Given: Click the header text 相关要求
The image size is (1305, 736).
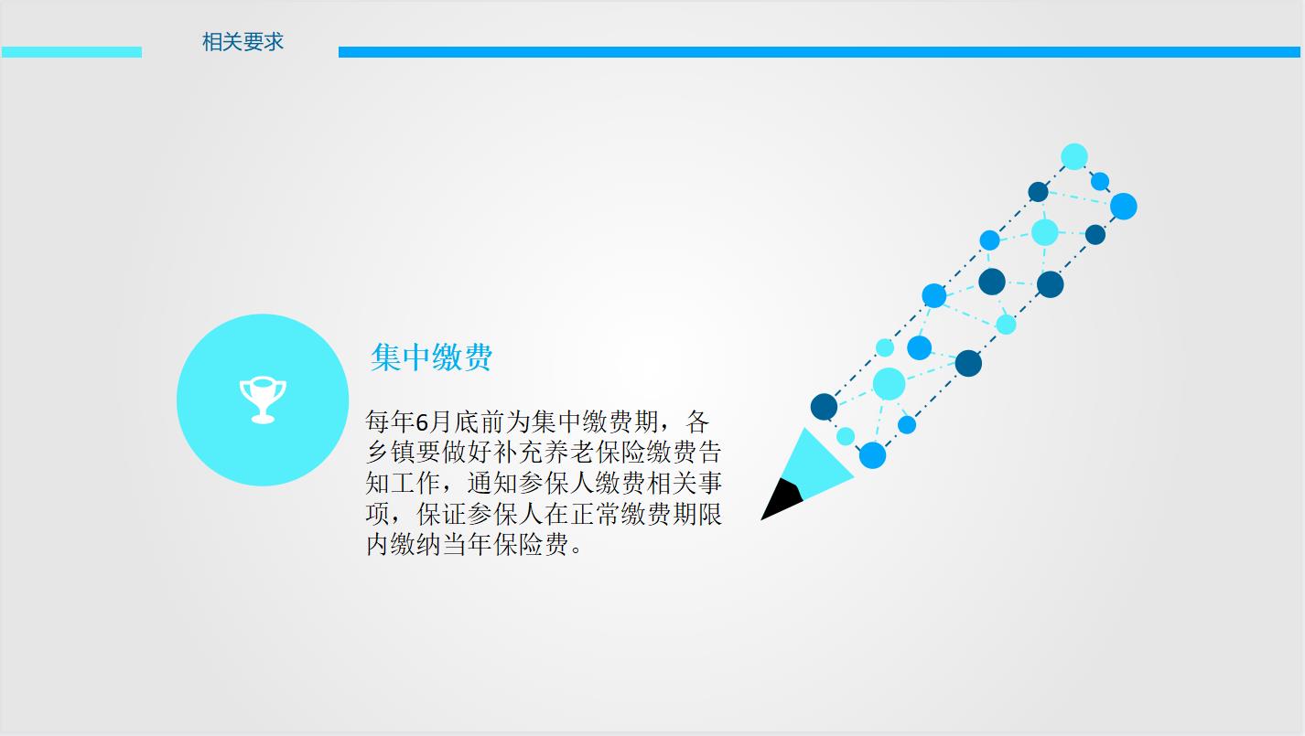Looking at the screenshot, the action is [243, 42].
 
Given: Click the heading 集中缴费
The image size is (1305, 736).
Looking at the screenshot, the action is [432, 357].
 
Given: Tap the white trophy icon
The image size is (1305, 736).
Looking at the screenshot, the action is [263, 400].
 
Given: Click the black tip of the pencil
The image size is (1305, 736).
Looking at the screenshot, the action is [781, 499].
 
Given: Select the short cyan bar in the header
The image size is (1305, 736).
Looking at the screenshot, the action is [71, 52].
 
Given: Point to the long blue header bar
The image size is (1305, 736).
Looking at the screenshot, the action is [819, 52].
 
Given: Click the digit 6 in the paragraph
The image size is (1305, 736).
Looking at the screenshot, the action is [422, 421].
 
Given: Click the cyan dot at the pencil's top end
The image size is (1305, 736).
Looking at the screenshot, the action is [1074, 156].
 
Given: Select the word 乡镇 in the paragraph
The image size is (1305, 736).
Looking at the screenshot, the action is [391, 453].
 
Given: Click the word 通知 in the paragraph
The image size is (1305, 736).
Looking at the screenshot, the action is [492, 483].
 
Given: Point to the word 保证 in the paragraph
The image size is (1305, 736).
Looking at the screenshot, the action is [442, 514].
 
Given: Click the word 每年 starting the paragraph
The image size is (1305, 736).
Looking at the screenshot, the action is [391, 421].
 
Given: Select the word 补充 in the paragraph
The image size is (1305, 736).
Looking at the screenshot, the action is [519, 453].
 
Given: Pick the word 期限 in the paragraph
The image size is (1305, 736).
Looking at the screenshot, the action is [697, 514].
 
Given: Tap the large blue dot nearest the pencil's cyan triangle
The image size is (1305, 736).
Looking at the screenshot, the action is [873, 455].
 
